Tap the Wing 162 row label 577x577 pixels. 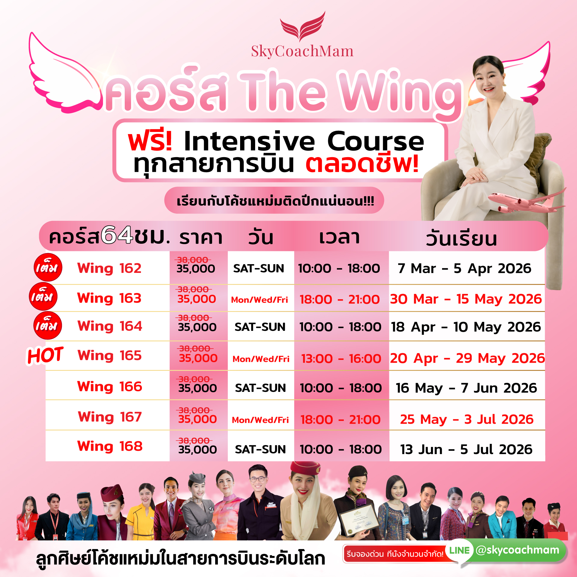109,268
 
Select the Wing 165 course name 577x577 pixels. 109,356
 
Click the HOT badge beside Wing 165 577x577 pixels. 45,355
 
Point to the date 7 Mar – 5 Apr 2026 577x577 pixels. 464,268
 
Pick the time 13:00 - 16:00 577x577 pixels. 341,359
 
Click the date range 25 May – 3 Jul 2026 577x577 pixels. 467,419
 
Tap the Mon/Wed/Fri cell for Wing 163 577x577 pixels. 259,300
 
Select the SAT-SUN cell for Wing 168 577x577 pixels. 260,449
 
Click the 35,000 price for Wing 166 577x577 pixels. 197,388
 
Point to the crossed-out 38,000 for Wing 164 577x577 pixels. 195,318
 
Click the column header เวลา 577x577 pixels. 339,237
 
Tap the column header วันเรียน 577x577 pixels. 461,239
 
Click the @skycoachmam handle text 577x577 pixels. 517,550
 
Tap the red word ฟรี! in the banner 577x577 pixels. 150,141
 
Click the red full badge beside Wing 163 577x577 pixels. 43,296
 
